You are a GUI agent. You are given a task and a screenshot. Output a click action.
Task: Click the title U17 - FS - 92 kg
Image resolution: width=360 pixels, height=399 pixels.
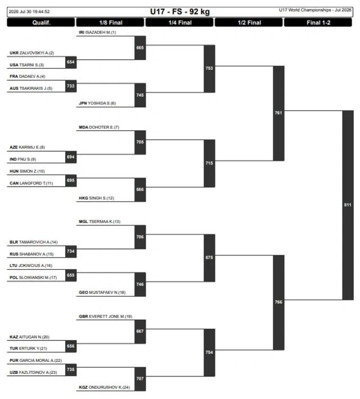[x=180, y=12]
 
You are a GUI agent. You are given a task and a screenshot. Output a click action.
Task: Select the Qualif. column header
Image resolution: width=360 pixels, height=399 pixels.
[x=41, y=22]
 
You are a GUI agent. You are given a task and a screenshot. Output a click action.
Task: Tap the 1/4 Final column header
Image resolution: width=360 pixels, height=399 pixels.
[x=179, y=22]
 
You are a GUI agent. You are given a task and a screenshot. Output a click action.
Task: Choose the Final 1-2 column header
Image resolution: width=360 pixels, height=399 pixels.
[x=318, y=22]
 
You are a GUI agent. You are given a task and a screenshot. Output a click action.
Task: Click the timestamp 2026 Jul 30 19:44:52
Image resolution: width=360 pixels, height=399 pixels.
[x=29, y=12]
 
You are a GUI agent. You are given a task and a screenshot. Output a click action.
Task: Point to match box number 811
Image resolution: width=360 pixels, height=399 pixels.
[x=348, y=205]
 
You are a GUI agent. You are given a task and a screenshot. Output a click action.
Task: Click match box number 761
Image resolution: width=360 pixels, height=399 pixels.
[x=278, y=113]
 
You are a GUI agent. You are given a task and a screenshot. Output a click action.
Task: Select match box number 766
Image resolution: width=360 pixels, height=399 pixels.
[x=278, y=302]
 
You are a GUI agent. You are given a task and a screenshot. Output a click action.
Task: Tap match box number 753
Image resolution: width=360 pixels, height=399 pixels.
[x=209, y=69]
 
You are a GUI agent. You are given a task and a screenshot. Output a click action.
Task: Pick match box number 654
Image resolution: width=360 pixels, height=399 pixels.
[x=71, y=62]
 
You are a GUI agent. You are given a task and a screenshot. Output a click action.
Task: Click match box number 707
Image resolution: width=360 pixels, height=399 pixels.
[x=140, y=379]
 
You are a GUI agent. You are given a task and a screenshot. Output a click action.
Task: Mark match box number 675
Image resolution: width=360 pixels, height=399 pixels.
[x=209, y=258]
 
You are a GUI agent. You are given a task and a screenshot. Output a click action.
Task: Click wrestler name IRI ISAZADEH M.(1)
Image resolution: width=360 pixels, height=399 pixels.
[x=97, y=33]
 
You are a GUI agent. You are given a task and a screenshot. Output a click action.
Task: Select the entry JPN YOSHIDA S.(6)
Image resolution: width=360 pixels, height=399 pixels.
[x=97, y=103]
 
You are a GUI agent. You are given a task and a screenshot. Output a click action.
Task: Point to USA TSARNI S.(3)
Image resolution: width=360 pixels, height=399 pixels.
[x=27, y=65]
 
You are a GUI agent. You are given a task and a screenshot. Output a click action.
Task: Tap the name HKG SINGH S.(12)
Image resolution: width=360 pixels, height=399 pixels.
[x=96, y=198]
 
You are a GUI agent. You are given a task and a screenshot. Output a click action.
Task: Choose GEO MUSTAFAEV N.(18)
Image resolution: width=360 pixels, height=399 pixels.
[x=102, y=292]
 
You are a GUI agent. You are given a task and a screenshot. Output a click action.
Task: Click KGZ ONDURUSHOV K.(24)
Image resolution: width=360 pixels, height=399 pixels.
[x=104, y=387]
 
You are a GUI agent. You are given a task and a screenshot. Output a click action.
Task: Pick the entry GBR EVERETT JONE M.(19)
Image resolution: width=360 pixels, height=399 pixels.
[x=106, y=316]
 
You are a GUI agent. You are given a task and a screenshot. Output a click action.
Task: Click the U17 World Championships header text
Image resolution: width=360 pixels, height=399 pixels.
[x=315, y=10]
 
